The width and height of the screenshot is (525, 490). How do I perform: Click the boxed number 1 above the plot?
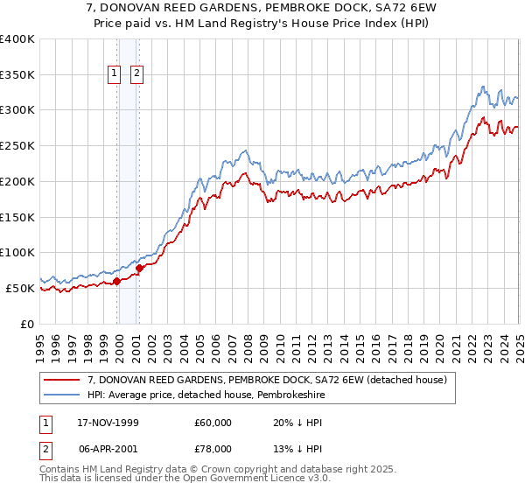point(116,74)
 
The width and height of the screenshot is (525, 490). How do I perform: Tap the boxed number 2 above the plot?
point(138,74)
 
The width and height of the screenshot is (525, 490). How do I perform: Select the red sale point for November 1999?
point(117,281)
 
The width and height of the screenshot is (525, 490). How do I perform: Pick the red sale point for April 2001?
point(139,268)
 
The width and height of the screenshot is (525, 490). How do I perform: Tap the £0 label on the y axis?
point(26,324)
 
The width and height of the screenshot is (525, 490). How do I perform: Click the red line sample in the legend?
point(62,380)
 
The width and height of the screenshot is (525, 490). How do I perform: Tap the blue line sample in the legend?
point(62,395)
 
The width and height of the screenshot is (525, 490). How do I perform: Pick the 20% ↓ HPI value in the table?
point(297,422)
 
